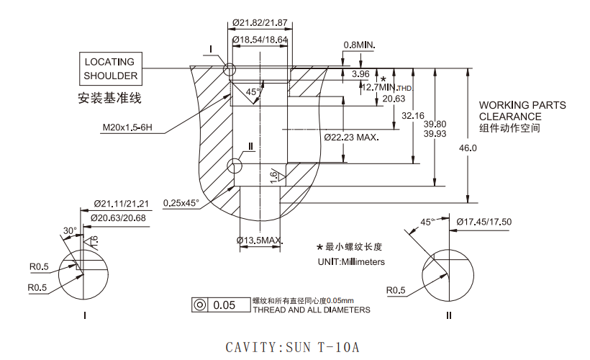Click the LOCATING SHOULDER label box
tap(109, 68)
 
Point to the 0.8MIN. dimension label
tap(360, 45)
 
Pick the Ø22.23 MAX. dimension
tap(351, 137)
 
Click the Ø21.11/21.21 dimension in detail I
tap(121, 204)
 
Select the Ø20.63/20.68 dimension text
tap(119, 218)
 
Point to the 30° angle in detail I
tap(70, 231)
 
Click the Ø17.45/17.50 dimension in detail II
tap(484, 222)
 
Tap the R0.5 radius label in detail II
tap(397, 291)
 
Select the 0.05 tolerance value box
tap(224, 305)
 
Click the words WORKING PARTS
tap(522, 105)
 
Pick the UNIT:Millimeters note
tap(351, 261)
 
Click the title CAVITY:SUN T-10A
tap(292, 347)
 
